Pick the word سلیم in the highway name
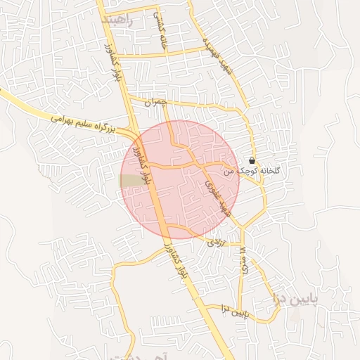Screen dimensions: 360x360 83,124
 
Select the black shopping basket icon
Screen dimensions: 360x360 252,160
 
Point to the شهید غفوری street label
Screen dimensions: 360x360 215,198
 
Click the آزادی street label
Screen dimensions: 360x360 214,240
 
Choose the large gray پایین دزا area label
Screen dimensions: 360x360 295,298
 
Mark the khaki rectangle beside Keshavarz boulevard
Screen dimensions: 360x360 131,181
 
